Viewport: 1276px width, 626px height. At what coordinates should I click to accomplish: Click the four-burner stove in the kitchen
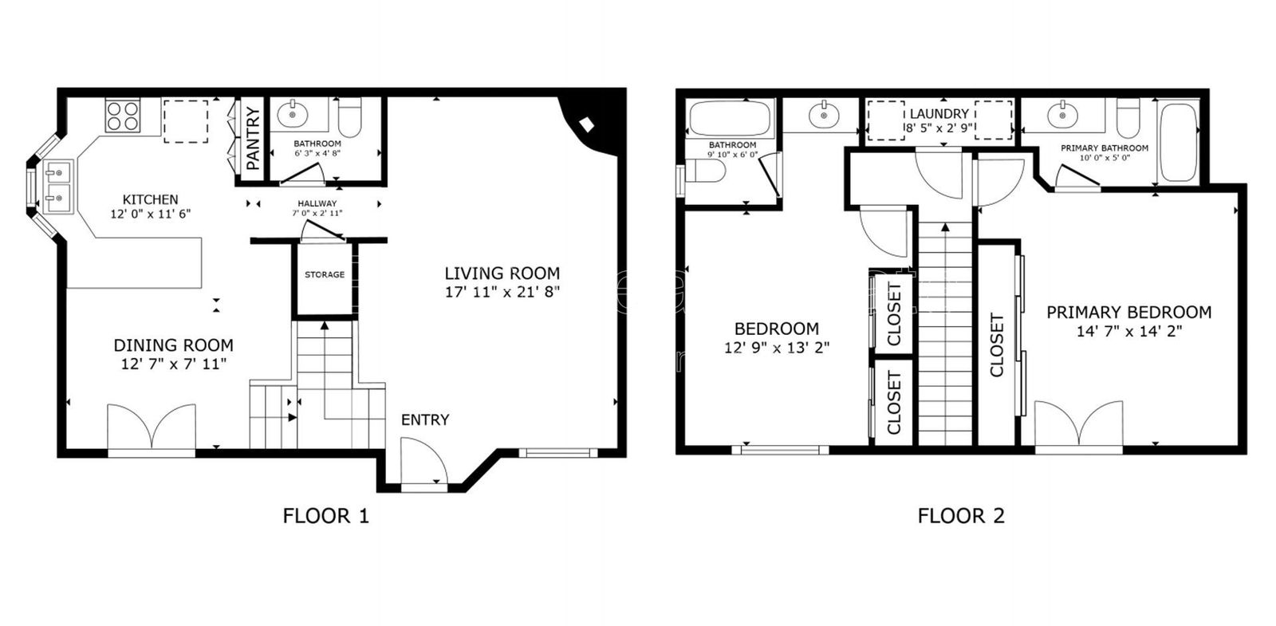[x=124, y=115]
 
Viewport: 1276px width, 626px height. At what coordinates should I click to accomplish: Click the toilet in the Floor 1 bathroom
[x=350, y=117]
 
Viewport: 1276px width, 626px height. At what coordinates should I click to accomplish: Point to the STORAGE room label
[x=325, y=274]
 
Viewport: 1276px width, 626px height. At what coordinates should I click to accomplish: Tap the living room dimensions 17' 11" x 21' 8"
[x=502, y=292]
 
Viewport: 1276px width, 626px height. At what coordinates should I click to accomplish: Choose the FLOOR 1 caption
[x=325, y=516]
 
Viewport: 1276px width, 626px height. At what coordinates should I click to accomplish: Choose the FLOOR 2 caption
[x=960, y=516]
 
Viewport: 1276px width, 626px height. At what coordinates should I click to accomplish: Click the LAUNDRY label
[x=939, y=114]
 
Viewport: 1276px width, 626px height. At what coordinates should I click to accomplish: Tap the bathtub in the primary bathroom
[x=1178, y=140]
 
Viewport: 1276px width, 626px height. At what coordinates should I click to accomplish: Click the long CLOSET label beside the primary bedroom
[x=997, y=344]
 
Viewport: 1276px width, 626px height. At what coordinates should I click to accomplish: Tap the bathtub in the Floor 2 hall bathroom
[x=732, y=119]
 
